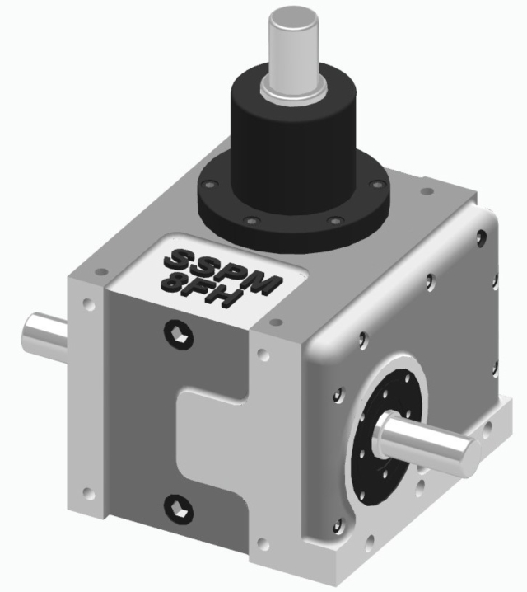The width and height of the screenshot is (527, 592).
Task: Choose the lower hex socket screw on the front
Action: pyautogui.click(x=176, y=505)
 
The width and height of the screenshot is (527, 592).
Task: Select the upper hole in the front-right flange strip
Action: pyautogui.click(x=263, y=355)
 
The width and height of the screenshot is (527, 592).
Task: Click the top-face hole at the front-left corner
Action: pyautogui.click(x=99, y=272)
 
